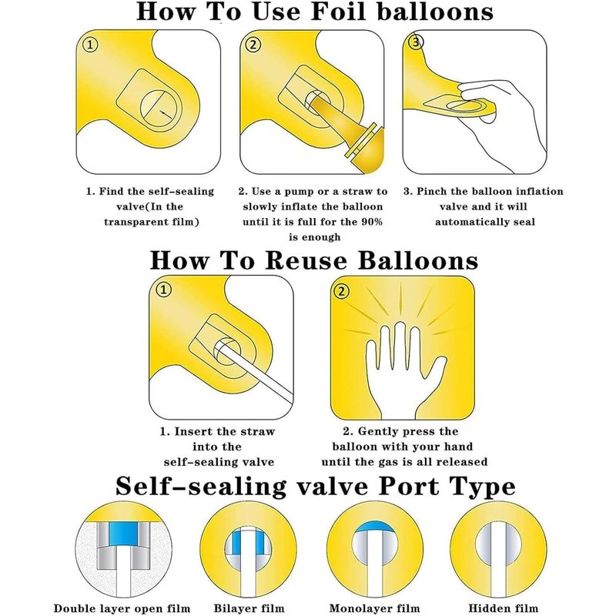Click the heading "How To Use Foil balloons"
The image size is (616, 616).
[313, 12]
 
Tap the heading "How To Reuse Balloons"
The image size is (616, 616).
[313, 259]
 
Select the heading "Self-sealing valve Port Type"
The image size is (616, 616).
[315, 487]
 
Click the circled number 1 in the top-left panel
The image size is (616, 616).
[92, 45]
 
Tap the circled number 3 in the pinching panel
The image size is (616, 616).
[417, 43]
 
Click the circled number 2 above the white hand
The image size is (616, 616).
[343, 291]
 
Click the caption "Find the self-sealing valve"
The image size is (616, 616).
[151, 191]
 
